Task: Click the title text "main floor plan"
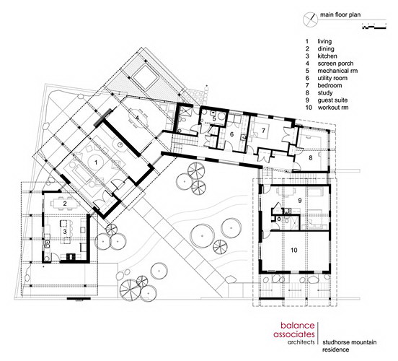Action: (x=340, y=14)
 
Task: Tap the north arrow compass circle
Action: (x=310, y=19)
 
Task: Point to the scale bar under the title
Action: (x=374, y=26)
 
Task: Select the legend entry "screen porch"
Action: (x=335, y=64)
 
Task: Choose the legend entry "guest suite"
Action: (x=332, y=100)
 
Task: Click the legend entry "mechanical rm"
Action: (x=337, y=71)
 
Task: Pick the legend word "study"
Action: (x=325, y=93)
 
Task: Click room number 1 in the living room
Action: (x=96, y=162)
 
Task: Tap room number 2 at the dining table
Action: (x=65, y=204)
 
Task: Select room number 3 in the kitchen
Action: (x=65, y=232)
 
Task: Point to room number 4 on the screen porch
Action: (x=137, y=118)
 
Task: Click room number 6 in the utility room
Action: (x=231, y=134)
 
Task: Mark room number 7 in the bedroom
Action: (x=263, y=131)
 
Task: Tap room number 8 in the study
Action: (x=311, y=158)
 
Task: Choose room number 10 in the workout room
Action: (x=294, y=250)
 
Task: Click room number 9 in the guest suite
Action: (x=300, y=201)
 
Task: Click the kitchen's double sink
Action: (x=47, y=244)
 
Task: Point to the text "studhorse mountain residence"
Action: (x=349, y=346)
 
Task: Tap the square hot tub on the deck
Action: (x=145, y=77)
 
